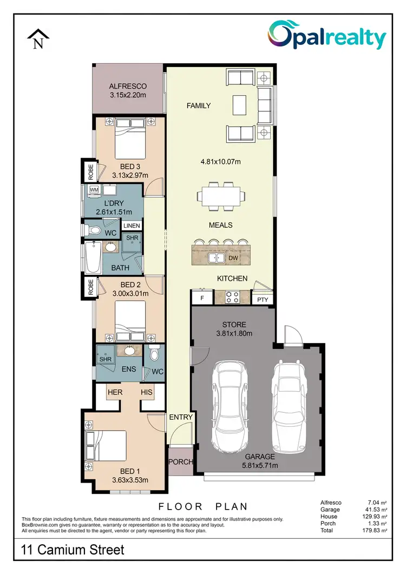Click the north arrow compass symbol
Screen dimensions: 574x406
tap(38, 39)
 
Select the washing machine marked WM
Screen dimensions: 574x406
tap(94, 190)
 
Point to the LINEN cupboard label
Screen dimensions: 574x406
tap(132, 226)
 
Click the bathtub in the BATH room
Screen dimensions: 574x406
tap(93, 259)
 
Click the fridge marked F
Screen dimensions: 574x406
tap(202, 298)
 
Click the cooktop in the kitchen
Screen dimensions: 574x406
tap(233, 296)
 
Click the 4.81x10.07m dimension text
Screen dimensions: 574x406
tap(220, 161)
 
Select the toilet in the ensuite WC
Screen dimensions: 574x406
tap(154, 354)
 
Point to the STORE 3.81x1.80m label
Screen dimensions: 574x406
tap(234, 329)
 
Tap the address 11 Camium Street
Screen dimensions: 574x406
tap(73, 550)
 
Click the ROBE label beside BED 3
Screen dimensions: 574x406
tap(90, 171)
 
